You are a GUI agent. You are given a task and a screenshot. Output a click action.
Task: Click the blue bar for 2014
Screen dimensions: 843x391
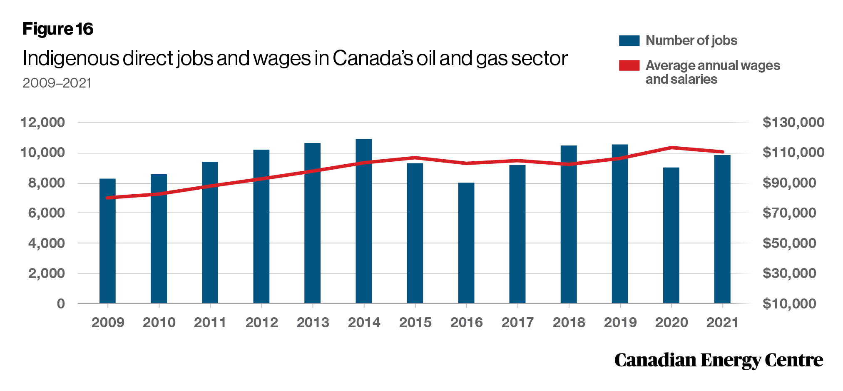pos(363,221)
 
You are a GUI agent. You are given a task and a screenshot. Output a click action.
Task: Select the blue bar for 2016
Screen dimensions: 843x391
pos(466,243)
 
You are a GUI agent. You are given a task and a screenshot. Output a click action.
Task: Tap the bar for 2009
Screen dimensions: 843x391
pos(107,241)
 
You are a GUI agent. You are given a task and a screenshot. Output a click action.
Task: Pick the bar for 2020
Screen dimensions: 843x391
pos(671,236)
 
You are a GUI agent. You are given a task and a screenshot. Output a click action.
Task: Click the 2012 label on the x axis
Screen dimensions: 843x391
pos(261,322)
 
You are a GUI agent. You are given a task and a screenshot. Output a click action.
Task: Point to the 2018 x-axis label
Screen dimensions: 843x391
pos(569,322)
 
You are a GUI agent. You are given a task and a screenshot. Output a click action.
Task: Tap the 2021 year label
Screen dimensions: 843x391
pos(722,322)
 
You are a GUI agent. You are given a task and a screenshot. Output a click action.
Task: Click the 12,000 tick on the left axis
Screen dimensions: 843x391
pos(43,123)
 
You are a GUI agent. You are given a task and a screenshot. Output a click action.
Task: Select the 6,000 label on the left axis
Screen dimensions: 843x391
pos(47,213)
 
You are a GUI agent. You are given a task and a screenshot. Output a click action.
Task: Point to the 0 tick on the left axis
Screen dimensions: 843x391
pos(61,303)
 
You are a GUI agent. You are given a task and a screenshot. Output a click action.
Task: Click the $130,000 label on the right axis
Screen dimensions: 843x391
pos(793,123)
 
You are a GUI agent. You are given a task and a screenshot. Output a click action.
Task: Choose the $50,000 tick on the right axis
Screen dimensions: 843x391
pos(789,243)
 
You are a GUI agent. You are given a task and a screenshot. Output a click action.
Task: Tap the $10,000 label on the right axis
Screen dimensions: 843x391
pos(789,303)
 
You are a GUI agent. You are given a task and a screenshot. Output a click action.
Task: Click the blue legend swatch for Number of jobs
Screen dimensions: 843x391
pos(629,40)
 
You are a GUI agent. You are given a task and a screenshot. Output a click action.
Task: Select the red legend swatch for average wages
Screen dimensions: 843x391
pos(629,65)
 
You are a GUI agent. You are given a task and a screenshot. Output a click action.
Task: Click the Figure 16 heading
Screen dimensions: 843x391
pos(58,29)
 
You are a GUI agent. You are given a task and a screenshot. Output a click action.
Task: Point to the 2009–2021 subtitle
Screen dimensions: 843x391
pos(57,83)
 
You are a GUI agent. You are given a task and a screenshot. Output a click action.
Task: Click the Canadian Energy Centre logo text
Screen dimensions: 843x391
pos(719,360)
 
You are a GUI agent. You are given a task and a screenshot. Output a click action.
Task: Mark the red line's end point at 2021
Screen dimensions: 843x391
pos(722,152)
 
